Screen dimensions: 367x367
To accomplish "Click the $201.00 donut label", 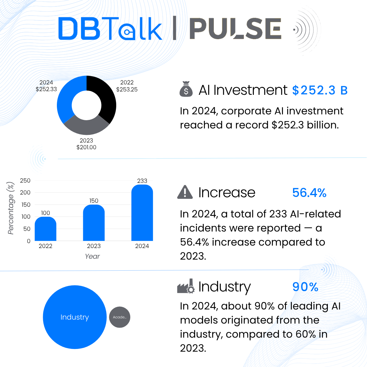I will [86, 147].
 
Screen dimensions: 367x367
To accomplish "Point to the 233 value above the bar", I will [142, 181].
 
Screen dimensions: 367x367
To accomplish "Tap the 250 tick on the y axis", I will [25, 180].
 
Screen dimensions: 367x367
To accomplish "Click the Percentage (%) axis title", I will [11, 208].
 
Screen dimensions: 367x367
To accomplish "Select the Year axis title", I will [92, 256].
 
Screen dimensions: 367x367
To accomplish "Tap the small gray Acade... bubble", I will [120, 317].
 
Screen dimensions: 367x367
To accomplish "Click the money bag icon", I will [186, 89].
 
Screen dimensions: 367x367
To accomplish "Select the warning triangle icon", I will [185, 192].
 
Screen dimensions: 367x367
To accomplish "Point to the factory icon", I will [186, 287].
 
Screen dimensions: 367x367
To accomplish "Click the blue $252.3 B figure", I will [320, 90].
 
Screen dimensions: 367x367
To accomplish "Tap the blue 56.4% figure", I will [309, 193].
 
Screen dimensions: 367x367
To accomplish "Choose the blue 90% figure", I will [305, 287].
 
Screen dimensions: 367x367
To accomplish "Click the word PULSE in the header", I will [235, 29].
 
